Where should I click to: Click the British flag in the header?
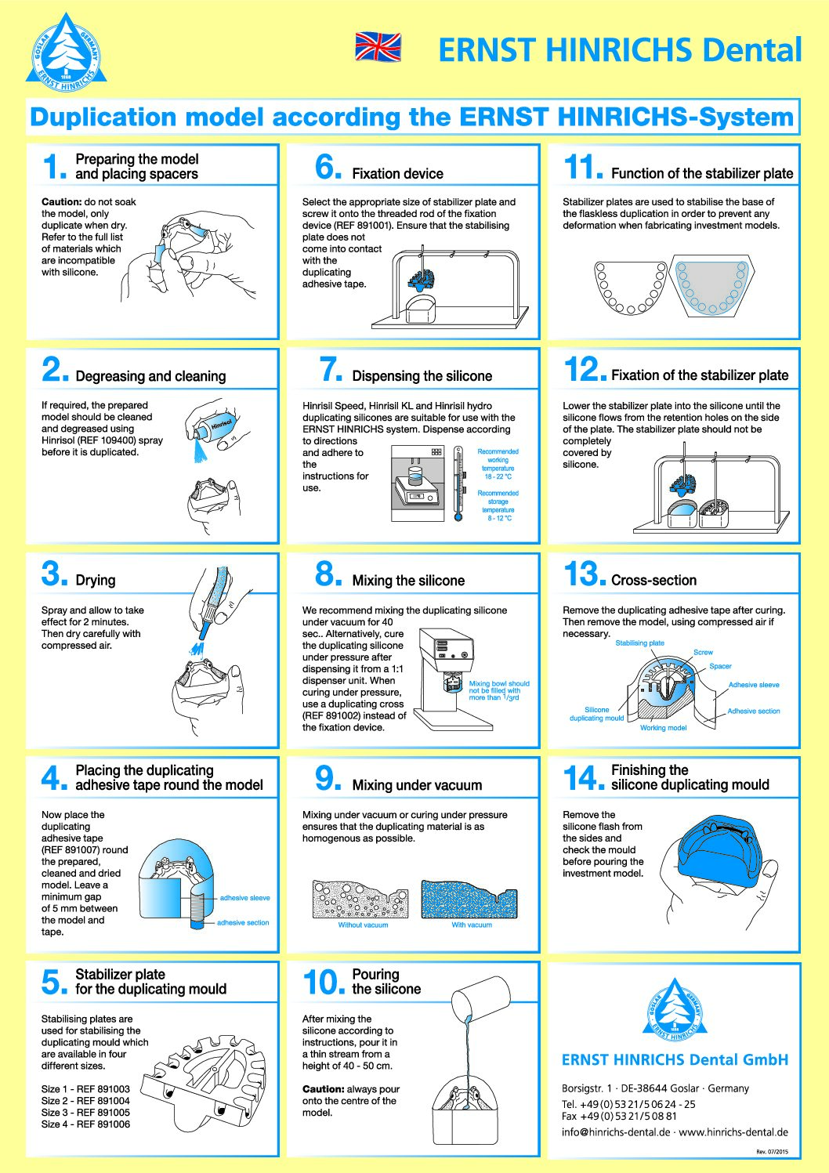coord(378,46)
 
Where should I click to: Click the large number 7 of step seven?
coord(331,369)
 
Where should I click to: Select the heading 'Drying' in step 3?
coord(96,580)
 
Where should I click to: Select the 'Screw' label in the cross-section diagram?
coord(703,652)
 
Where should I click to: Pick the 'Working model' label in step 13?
coord(663,727)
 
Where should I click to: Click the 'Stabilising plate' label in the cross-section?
coord(639,643)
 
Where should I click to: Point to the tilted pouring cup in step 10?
coord(480,998)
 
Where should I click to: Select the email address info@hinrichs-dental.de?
coord(616,1131)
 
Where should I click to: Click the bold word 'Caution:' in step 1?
coord(61,201)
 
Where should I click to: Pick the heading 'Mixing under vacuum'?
coord(417,785)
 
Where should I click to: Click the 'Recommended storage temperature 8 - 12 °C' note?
coord(498,505)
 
